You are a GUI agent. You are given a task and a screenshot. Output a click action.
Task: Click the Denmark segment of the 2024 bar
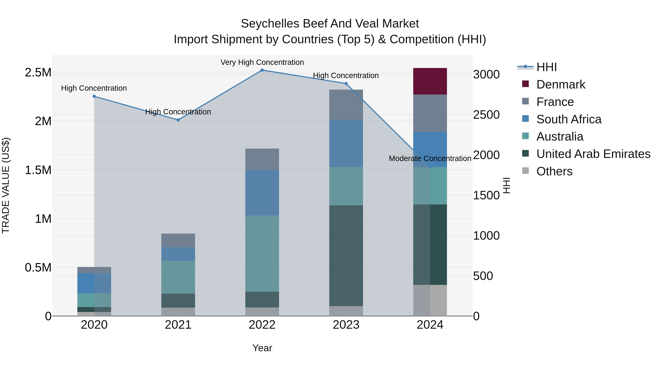[430, 81]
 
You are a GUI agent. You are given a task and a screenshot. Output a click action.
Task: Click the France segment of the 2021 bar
[178, 240]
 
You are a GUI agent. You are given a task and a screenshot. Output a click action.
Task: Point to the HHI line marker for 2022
[262, 70]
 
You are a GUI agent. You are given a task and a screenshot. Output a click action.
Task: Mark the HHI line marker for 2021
[178, 120]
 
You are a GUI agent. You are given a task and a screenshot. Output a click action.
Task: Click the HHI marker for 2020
[94, 96]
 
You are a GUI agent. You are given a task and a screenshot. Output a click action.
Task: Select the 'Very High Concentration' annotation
[262, 62]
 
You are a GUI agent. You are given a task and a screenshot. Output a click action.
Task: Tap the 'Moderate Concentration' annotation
[430, 158]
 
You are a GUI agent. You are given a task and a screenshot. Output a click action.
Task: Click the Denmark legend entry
[561, 84]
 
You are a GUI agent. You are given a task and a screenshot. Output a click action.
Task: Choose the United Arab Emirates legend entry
[593, 154]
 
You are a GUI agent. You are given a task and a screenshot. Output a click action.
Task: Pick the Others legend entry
[554, 171]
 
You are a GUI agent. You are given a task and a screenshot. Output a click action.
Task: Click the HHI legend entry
[546, 67]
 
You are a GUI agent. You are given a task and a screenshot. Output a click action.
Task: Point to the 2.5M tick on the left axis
[38, 72]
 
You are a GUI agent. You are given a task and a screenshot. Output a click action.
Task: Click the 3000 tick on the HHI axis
[486, 75]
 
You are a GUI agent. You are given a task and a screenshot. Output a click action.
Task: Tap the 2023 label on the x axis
[346, 325]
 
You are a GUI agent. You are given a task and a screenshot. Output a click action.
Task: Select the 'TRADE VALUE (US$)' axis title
[6, 185]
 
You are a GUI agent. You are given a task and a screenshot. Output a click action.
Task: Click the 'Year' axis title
[262, 348]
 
